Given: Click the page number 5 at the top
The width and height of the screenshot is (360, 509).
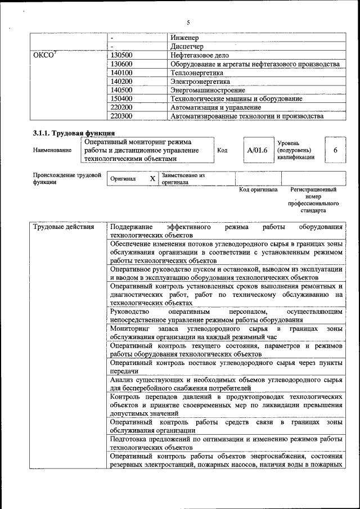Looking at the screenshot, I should point(188,22).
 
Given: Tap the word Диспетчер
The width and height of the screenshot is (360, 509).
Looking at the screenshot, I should point(187,46).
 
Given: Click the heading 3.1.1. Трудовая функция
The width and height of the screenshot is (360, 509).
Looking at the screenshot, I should point(74,133).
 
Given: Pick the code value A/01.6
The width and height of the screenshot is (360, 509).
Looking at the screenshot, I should point(256,150).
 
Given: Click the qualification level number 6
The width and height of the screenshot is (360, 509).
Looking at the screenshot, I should point(335,150).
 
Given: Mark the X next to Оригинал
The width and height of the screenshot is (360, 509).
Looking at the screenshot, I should point(152,178).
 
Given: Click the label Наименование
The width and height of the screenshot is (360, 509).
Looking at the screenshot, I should point(52,150).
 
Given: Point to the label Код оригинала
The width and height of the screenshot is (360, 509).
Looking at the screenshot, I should point(258,190).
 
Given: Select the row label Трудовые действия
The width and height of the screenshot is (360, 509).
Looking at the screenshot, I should point(60,227).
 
